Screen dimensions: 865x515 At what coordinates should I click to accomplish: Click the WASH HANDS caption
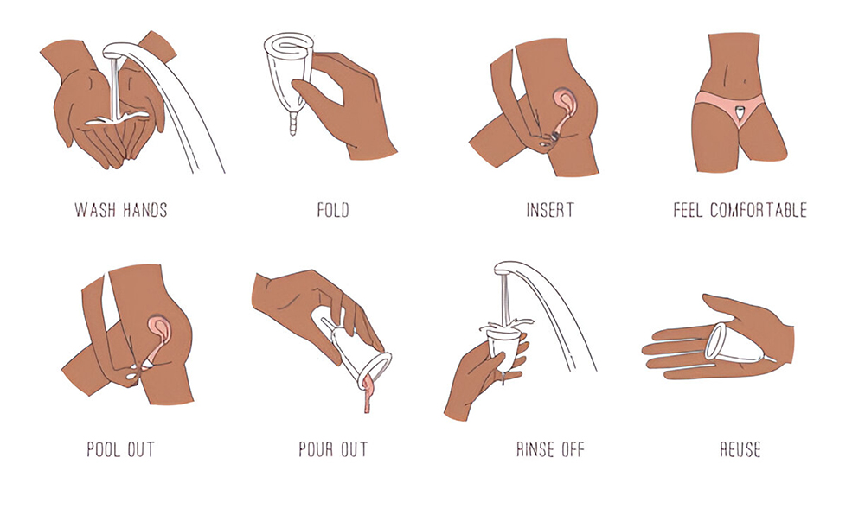pyautogui.click(x=121, y=210)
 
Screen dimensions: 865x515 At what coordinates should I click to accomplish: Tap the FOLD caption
pyautogui.click(x=333, y=210)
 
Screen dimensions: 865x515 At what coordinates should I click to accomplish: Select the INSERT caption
pyautogui.click(x=549, y=210)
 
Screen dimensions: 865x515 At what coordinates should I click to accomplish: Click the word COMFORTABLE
pyautogui.click(x=759, y=210)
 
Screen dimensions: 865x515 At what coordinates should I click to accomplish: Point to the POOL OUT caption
pyautogui.click(x=121, y=449)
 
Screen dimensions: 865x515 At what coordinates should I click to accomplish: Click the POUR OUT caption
pyautogui.click(x=333, y=449)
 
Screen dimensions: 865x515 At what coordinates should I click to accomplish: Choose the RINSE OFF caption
pyautogui.click(x=550, y=449)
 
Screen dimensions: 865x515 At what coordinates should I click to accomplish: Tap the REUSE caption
pyautogui.click(x=740, y=449)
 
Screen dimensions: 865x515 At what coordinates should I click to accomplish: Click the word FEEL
pyautogui.click(x=688, y=210)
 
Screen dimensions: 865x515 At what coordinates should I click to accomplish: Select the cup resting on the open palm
pyautogui.click(x=736, y=344)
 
